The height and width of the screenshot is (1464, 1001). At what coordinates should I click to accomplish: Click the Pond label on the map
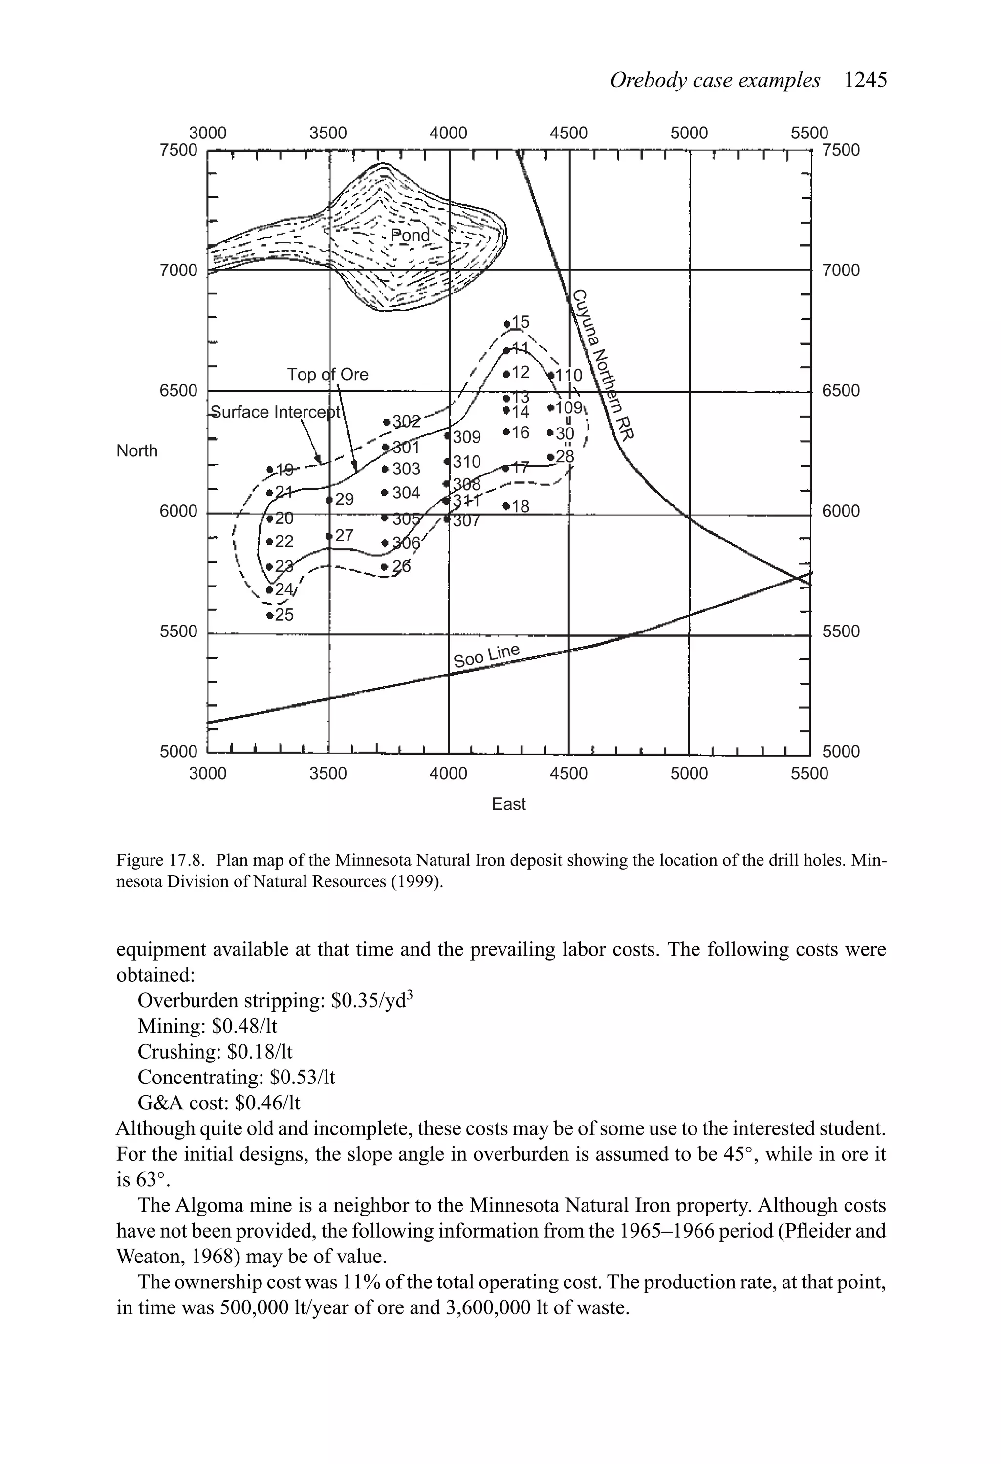pyautogui.click(x=411, y=235)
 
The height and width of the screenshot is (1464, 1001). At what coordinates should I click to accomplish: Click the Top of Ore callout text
pyautogui.click(x=327, y=375)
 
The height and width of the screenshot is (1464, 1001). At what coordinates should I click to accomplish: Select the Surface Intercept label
pyautogui.click(x=276, y=412)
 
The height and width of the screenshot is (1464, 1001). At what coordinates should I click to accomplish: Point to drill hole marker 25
pyautogui.click(x=271, y=615)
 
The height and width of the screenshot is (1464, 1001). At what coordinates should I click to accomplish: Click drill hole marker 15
pyautogui.click(x=507, y=324)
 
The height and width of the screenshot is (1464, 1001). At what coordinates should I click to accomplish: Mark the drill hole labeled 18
pyautogui.click(x=506, y=506)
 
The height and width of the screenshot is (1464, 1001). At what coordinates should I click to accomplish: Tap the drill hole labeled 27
pyautogui.click(x=344, y=536)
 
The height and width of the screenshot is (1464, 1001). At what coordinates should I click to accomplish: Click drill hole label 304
pyautogui.click(x=406, y=492)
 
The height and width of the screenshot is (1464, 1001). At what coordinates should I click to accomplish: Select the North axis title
pyautogui.click(x=137, y=451)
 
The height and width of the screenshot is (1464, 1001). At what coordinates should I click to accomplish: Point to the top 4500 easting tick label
pyautogui.click(x=568, y=133)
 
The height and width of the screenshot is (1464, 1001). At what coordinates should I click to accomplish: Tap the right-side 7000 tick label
pyautogui.click(x=841, y=270)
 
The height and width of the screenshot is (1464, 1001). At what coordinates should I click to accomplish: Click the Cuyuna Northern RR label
pyautogui.click(x=603, y=364)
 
